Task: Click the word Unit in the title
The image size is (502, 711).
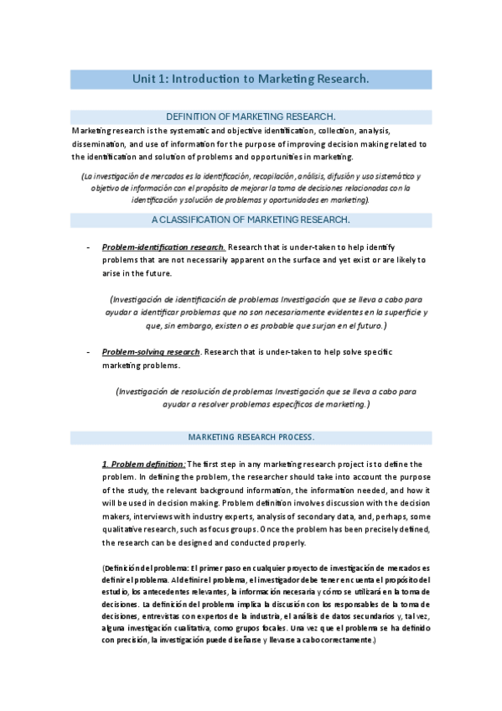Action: point(145,79)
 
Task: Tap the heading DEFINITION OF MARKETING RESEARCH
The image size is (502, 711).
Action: point(251,117)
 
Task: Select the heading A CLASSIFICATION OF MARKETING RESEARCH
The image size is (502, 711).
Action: point(251,221)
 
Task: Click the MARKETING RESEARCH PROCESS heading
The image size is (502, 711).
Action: point(251,438)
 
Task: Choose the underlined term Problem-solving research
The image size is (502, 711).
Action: point(151,351)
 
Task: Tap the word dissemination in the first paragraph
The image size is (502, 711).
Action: point(99,143)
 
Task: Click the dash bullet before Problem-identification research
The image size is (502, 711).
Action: point(88,248)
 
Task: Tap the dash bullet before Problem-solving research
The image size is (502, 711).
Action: point(88,352)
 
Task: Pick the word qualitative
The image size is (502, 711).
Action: point(125,531)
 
